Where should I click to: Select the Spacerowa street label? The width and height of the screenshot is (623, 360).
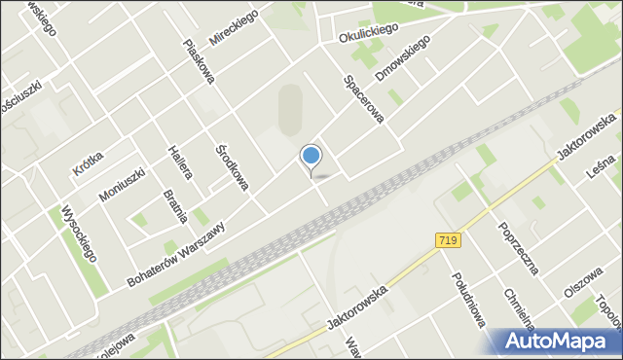[x=363, y=100]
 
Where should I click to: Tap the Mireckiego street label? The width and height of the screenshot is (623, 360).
[x=231, y=32]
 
